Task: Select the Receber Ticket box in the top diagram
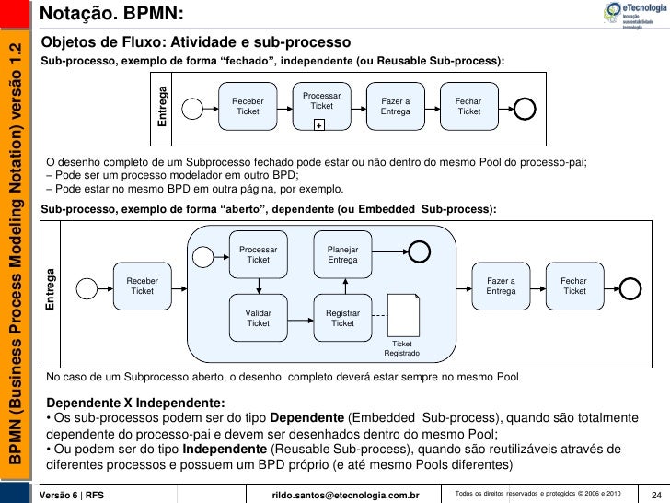tap(248, 106)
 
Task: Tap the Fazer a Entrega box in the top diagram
tap(395, 106)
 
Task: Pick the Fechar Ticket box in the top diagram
tap(468, 106)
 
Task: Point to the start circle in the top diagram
tap(191, 107)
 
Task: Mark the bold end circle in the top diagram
tap(524, 108)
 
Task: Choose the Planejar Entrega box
tap(342, 254)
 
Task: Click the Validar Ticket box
tap(258, 318)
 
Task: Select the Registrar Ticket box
tap(342, 318)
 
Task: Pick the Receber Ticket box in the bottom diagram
tap(142, 287)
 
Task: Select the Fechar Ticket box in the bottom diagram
tap(574, 287)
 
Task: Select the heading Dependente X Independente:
tap(135, 404)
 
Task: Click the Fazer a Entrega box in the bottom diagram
tap(501, 287)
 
